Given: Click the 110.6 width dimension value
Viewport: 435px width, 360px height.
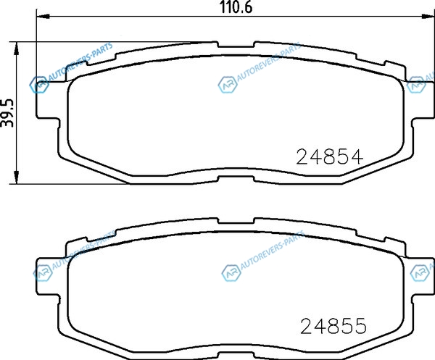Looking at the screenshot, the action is (236, 7).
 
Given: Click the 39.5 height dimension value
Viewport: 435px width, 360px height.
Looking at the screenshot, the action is (7, 113).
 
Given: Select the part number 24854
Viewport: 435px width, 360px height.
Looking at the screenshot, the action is (330, 157).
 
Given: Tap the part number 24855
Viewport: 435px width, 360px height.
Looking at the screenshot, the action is (333, 326).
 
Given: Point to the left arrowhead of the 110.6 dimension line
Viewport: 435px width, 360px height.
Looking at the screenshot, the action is (43, 17).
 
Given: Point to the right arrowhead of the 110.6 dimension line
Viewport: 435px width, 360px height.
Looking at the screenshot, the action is (427, 17).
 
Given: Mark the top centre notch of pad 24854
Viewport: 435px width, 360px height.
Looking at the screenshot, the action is (236, 44).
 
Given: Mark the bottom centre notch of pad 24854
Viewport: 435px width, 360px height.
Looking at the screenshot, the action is (236, 180).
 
